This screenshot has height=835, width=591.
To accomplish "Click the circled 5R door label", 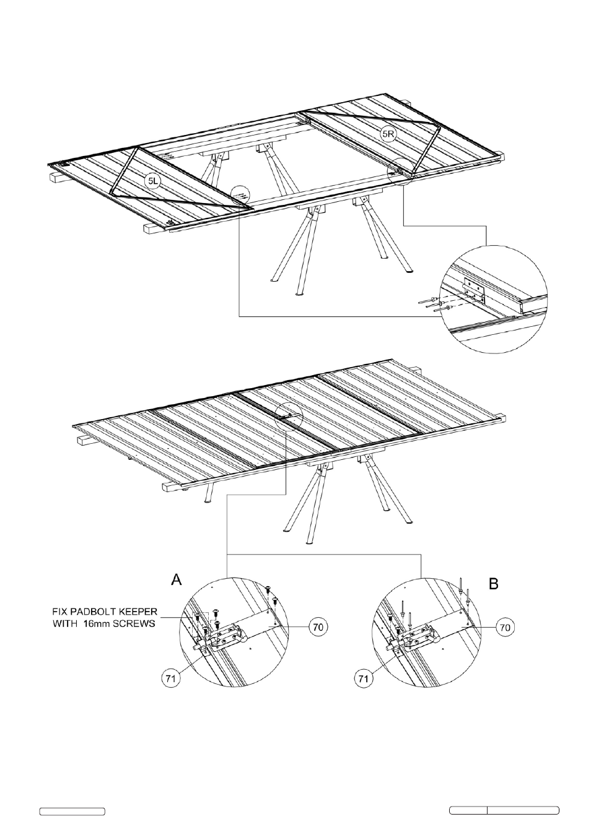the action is (x=388, y=134).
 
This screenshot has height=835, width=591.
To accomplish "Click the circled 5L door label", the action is (x=152, y=181).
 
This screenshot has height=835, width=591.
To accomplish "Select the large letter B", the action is (x=493, y=583).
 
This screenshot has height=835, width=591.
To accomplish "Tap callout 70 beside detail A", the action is (x=318, y=627).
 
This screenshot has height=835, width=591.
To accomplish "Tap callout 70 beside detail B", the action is (x=504, y=627).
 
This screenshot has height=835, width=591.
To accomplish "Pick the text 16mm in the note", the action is (x=97, y=624).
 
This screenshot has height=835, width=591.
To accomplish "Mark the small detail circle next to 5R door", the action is (x=400, y=171).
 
